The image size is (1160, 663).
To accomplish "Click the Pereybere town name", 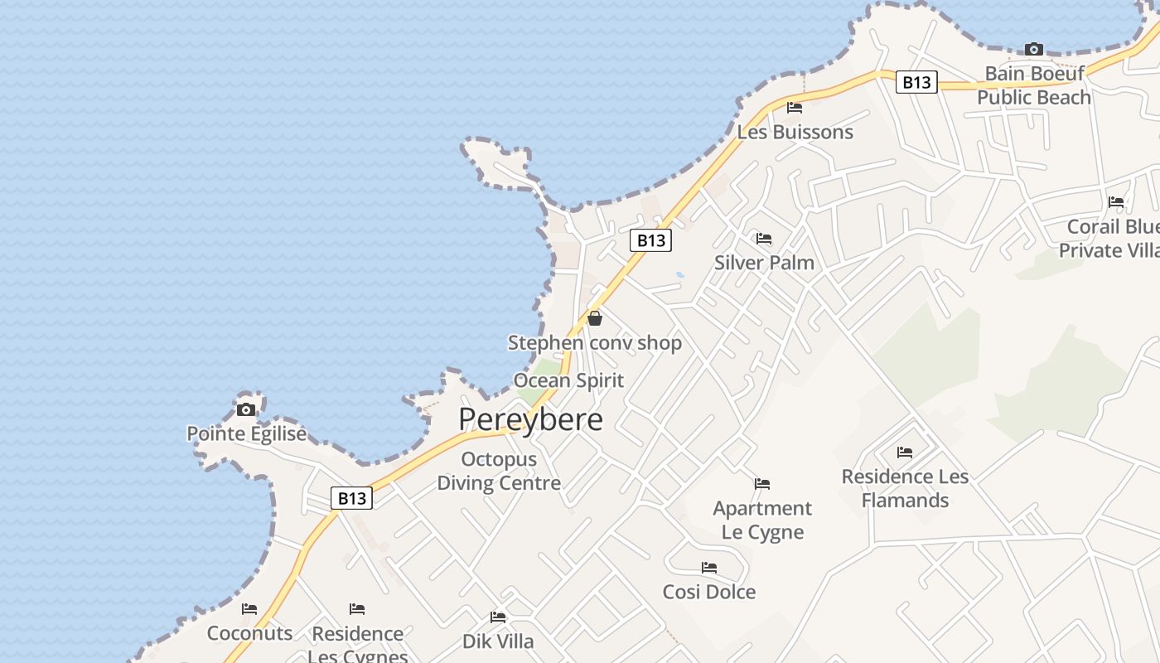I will tap(530, 419).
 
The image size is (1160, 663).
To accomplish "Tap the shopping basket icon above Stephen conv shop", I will tap(594, 317).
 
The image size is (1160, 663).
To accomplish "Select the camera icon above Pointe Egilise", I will tap(246, 409).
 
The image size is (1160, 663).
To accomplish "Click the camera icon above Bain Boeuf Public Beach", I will tap(1033, 49).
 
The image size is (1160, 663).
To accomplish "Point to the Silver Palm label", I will tap(764, 263).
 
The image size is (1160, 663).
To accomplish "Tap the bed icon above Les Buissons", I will tap(795, 107).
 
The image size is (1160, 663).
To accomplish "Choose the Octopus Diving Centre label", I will tap(499, 471).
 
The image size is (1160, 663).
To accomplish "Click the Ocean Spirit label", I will tap(568, 380).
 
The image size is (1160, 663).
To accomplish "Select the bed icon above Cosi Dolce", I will tap(709, 568).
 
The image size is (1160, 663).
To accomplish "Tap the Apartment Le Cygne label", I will tap(762, 520).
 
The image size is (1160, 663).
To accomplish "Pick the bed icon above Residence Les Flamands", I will tap(905, 452).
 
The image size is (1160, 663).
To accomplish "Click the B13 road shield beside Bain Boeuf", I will tap(916, 82).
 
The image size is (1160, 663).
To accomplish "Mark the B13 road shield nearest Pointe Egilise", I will tap(351, 498).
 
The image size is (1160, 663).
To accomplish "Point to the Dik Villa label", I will tap(498, 641).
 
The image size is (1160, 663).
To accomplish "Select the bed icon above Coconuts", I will tap(249, 609).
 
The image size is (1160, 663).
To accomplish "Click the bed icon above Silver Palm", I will tap(764, 239).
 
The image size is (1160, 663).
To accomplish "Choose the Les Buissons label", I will tap(795, 132).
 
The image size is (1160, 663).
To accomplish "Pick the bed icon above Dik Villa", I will tap(498, 617).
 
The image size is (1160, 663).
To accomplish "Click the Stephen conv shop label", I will tap(594, 342).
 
